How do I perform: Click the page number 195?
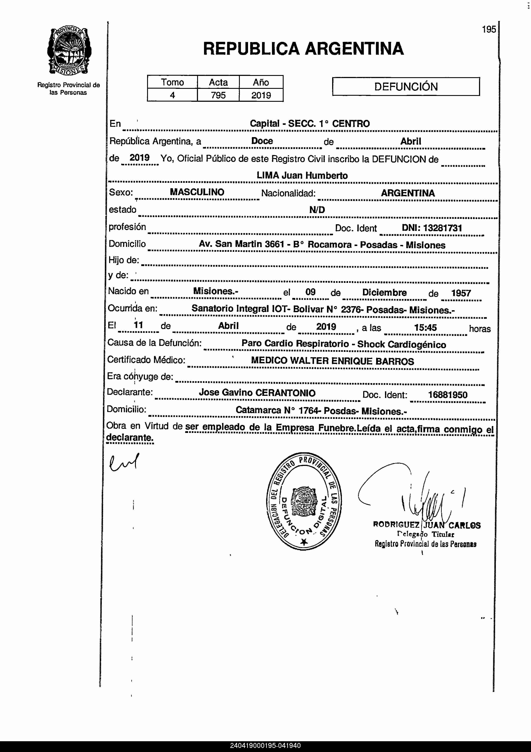(489, 30)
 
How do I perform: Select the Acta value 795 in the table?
(218, 95)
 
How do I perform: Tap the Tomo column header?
(172, 82)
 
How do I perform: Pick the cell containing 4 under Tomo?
(172, 95)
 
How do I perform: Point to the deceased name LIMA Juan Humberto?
(302, 175)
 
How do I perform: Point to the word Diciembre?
(384, 293)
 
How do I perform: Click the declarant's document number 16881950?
(448, 395)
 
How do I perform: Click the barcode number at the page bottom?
(265, 746)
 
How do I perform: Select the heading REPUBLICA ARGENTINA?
(303, 49)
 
